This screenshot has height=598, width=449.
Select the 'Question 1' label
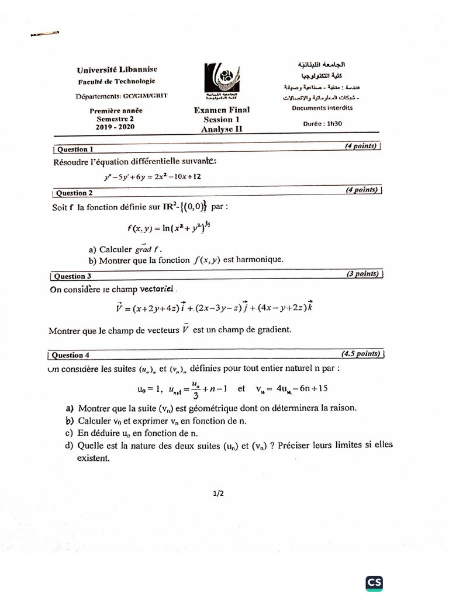point(75,149)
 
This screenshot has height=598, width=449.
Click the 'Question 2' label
point(75,193)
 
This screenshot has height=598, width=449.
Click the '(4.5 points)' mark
point(361,354)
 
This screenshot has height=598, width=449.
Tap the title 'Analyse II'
point(222,129)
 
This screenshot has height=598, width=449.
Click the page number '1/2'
point(219,493)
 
